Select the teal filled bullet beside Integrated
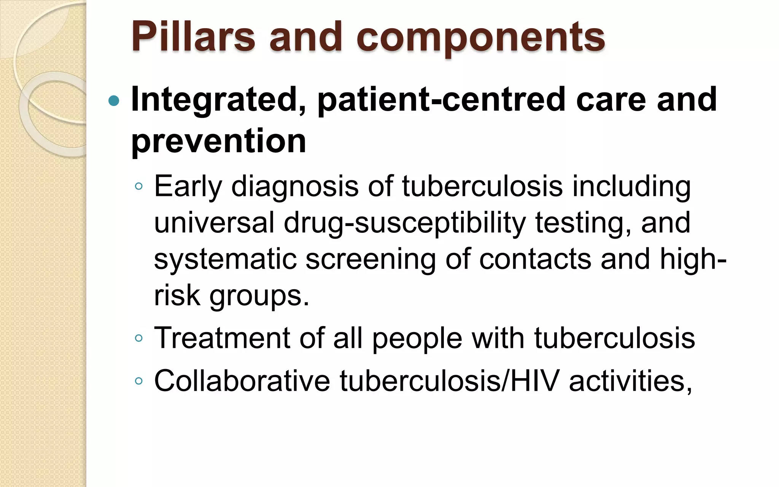click(114, 101)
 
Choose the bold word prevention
click(219, 141)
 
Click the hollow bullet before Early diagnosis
click(139, 186)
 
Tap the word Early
click(188, 186)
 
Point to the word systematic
click(225, 259)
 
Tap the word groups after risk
click(259, 296)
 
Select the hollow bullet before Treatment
click(139, 338)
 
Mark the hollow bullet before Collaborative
click(139, 380)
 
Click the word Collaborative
click(242, 380)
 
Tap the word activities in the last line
click(630, 380)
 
